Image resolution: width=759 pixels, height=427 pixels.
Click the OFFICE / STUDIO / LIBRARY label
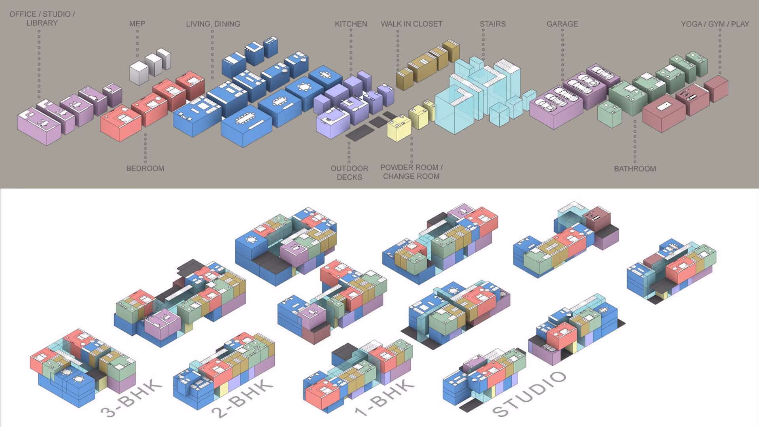(x=42, y=19)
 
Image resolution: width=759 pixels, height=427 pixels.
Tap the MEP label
(x=137, y=24)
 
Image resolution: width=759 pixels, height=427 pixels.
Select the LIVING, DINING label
(x=213, y=24)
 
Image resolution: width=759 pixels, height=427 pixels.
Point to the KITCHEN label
(x=351, y=24)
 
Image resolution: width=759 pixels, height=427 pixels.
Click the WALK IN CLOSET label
(x=411, y=24)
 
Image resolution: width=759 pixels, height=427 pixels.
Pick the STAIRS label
(x=493, y=24)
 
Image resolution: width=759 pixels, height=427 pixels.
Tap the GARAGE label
(x=562, y=24)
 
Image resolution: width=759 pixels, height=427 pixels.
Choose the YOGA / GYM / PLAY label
(x=715, y=24)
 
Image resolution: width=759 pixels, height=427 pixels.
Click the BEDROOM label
(x=145, y=168)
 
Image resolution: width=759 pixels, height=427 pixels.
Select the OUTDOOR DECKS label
(x=349, y=173)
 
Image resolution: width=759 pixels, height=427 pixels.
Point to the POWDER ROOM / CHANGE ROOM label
(x=411, y=172)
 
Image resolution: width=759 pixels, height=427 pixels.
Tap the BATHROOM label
(x=635, y=169)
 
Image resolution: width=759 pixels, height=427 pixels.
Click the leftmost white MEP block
(x=138, y=73)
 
